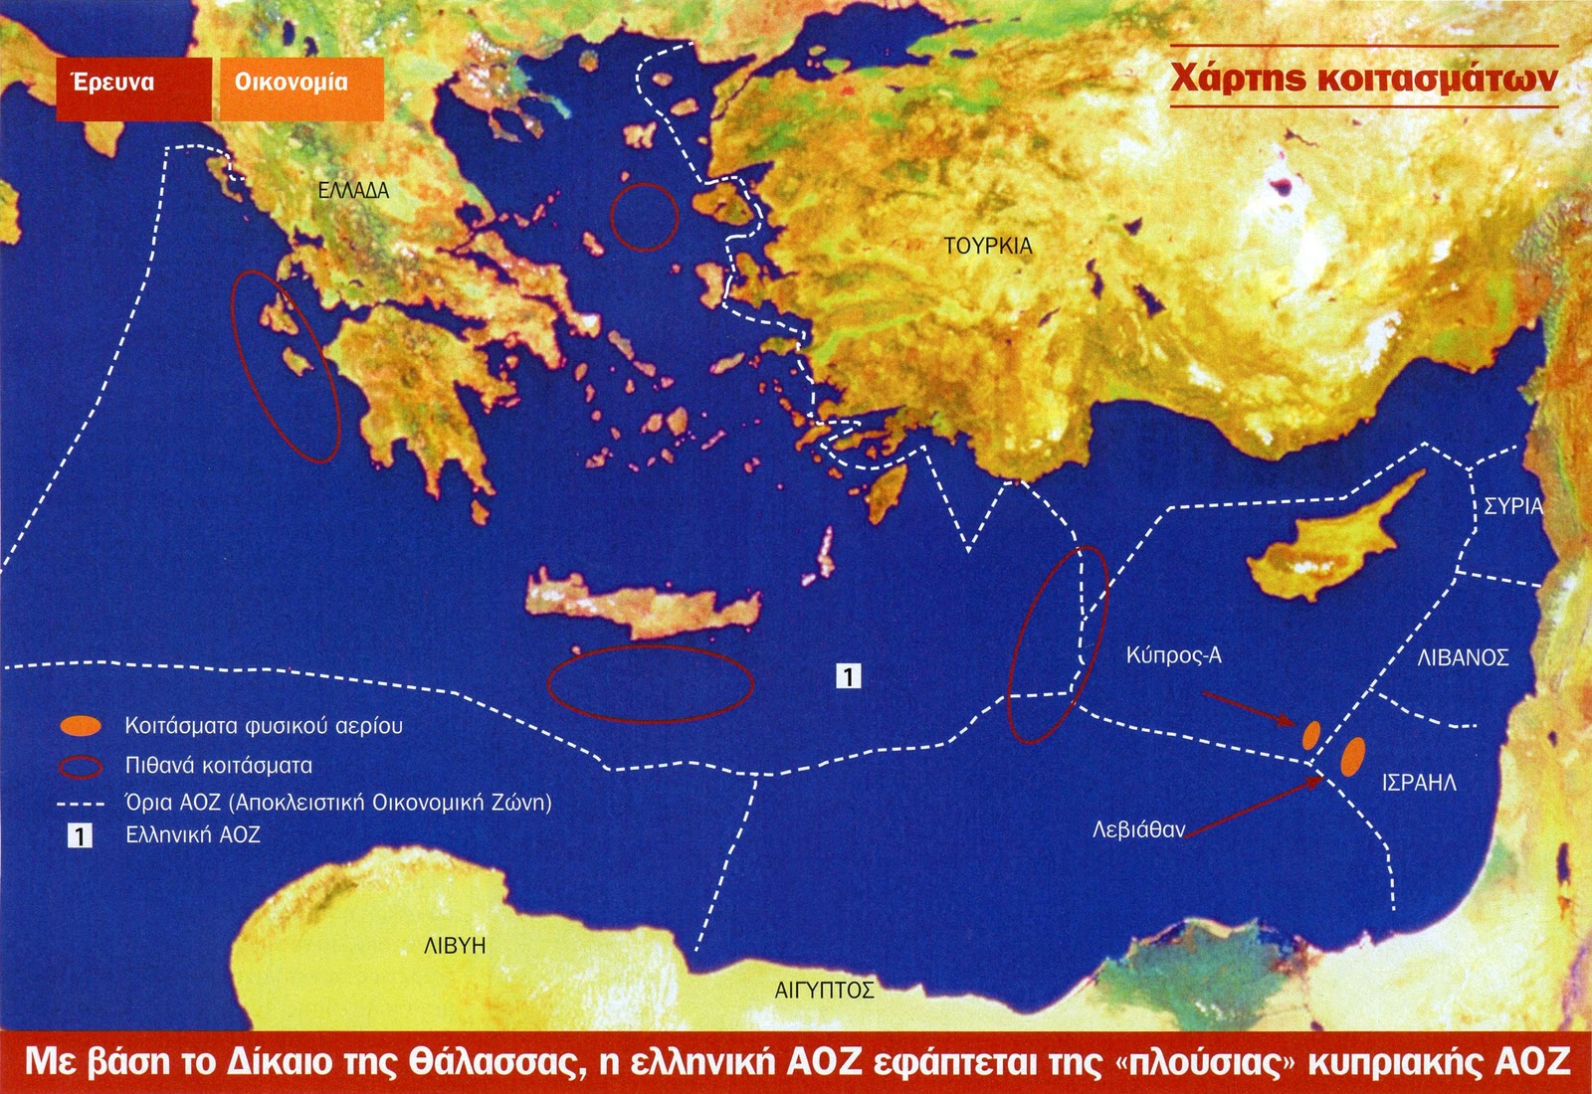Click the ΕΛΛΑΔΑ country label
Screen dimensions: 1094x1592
tap(353, 191)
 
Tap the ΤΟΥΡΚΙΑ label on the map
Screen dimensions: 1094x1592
tap(988, 246)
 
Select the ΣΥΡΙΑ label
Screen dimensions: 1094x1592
tap(1512, 506)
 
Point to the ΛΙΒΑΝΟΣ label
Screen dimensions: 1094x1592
tap(1463, 657)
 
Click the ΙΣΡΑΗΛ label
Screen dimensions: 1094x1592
tap(1419, 783)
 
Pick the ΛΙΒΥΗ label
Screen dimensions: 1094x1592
tap(455, 946)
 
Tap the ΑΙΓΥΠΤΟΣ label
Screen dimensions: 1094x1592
tap(824, 990)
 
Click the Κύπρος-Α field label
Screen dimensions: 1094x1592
tap(1174, 655)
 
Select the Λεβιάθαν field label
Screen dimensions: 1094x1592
tap(1139, 828)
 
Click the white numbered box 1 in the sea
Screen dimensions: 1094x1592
tap(848, 676)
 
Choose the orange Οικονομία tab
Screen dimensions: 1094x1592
tap(292, 83)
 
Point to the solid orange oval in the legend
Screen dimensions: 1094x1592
tap(81, 726)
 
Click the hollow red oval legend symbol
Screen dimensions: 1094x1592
tap(81, 767)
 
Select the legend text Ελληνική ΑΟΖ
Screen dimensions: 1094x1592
tap(193, 835)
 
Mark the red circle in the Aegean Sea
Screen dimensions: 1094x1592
tap(644, 216)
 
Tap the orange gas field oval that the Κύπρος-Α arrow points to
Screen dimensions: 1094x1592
tap(1311, 735)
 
